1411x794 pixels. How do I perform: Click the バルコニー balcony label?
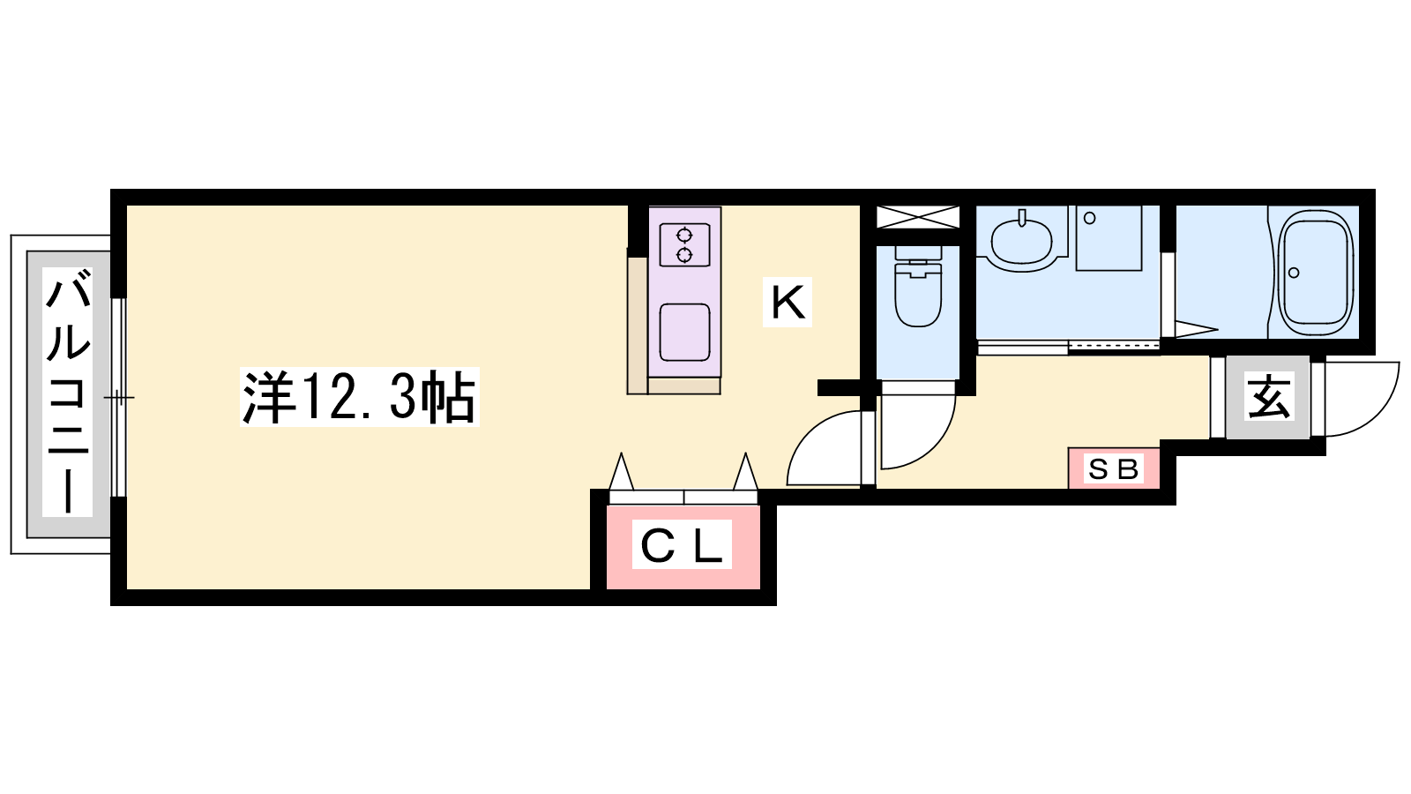click(x=68, y=392)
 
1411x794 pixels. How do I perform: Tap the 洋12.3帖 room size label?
click(x=360, y=397)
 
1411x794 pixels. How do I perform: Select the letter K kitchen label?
click(x=788, y=303)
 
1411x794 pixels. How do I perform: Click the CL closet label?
click(x=682, y=544)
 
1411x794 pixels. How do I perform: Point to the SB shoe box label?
click(x=1114, y=468)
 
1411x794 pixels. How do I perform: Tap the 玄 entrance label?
click(x=1269, y=396)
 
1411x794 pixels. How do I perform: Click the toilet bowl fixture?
click(x=918, y=296)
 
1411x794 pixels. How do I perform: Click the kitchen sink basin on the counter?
click(x=684, y=332)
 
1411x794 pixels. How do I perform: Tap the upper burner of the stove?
click(x=684, y=236)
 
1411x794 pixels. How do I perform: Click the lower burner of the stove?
click(x=684, y=255)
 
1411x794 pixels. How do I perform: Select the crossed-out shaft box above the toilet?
click(x=918, y=217)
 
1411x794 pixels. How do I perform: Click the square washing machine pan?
click(x=1109, y=238)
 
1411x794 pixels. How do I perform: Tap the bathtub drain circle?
click(x=1294, y=273)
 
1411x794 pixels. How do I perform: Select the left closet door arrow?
click(x=621, y=471)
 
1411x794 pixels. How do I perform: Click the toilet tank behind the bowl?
click(x=918, y=253)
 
